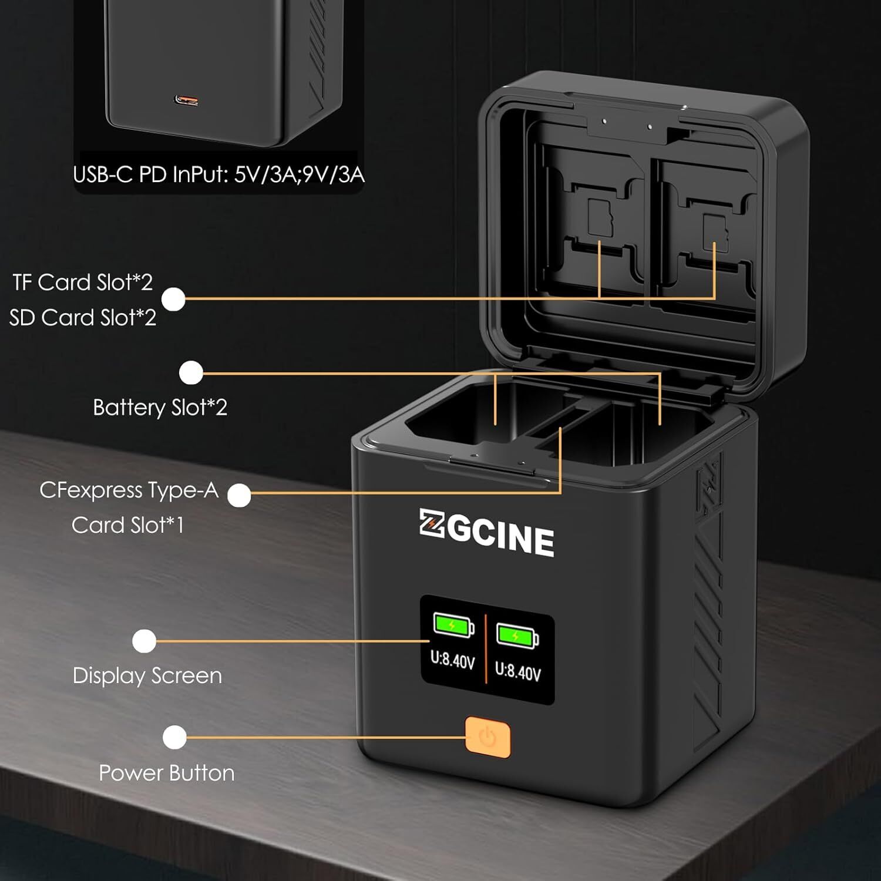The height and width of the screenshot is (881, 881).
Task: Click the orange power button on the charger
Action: (x=488, y=737)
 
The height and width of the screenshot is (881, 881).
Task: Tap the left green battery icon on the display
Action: (x=453, y=625)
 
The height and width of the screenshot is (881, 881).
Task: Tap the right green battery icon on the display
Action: (x=517, y=635)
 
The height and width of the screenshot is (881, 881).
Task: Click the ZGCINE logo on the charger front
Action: (x=487, y=533)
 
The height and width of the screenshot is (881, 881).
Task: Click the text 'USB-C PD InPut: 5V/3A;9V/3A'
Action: (x=218, y=174)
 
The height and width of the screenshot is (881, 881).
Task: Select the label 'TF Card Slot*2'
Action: (x=83, y=283)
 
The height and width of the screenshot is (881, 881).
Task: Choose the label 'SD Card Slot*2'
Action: (x=83, y=318)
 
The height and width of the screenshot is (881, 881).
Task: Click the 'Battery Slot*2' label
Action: (x=160, y=408)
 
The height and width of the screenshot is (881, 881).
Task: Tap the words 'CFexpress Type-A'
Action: (x=129, y=490)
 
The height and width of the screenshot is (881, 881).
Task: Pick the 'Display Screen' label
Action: (x=147, y=675)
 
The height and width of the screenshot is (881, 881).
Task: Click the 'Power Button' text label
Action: (x=167, y=773)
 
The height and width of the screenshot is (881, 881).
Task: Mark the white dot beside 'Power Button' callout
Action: (x=174, y=738)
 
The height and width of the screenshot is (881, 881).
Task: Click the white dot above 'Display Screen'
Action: (x=144, y=641)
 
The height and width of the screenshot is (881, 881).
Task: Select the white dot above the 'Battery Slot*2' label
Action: (x=191, y=373)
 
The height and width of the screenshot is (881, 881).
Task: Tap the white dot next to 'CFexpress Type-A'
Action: (x=239, y=495)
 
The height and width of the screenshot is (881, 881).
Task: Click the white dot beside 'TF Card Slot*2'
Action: (x=173, y=299)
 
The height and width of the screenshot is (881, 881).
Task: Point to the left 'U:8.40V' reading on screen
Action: (x=452, y=660)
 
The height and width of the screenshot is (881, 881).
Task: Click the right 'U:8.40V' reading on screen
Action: (x=518, y=671)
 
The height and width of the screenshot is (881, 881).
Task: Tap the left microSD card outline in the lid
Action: (x=598, y=218)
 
